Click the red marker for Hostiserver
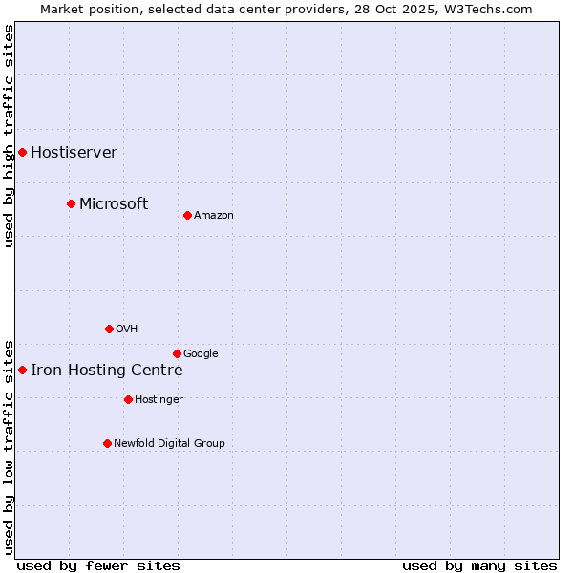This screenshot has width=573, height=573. [x=22, y=152]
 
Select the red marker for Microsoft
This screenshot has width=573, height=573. [x=71, y=203]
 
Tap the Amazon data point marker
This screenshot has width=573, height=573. [x=187, y=215]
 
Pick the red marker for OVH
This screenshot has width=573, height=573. [x=109, y=329]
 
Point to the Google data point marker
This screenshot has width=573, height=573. [x=177, y=353]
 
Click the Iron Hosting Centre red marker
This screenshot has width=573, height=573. [x=22, y=370]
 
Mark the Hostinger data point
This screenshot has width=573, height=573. [x=128, y=399]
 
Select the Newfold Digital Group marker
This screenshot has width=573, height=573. [x=107, y=443]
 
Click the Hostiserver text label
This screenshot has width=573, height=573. [x=74, y=153]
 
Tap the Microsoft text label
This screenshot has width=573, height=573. [x=114, y=203]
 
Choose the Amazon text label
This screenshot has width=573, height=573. [x=214, y=216]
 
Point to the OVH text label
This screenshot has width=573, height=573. [x=127, y=329]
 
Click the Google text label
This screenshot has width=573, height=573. [x=201, y=354]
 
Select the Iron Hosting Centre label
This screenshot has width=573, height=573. [x=106, y=371]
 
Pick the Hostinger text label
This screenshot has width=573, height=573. [x=159, y=400]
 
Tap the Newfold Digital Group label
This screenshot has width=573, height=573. [x=169, y=444]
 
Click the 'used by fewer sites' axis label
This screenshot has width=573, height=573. [x=98, y=565]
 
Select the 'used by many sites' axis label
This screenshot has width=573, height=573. [x=479, y=565]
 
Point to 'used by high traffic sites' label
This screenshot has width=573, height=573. [x=9, y=136]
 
